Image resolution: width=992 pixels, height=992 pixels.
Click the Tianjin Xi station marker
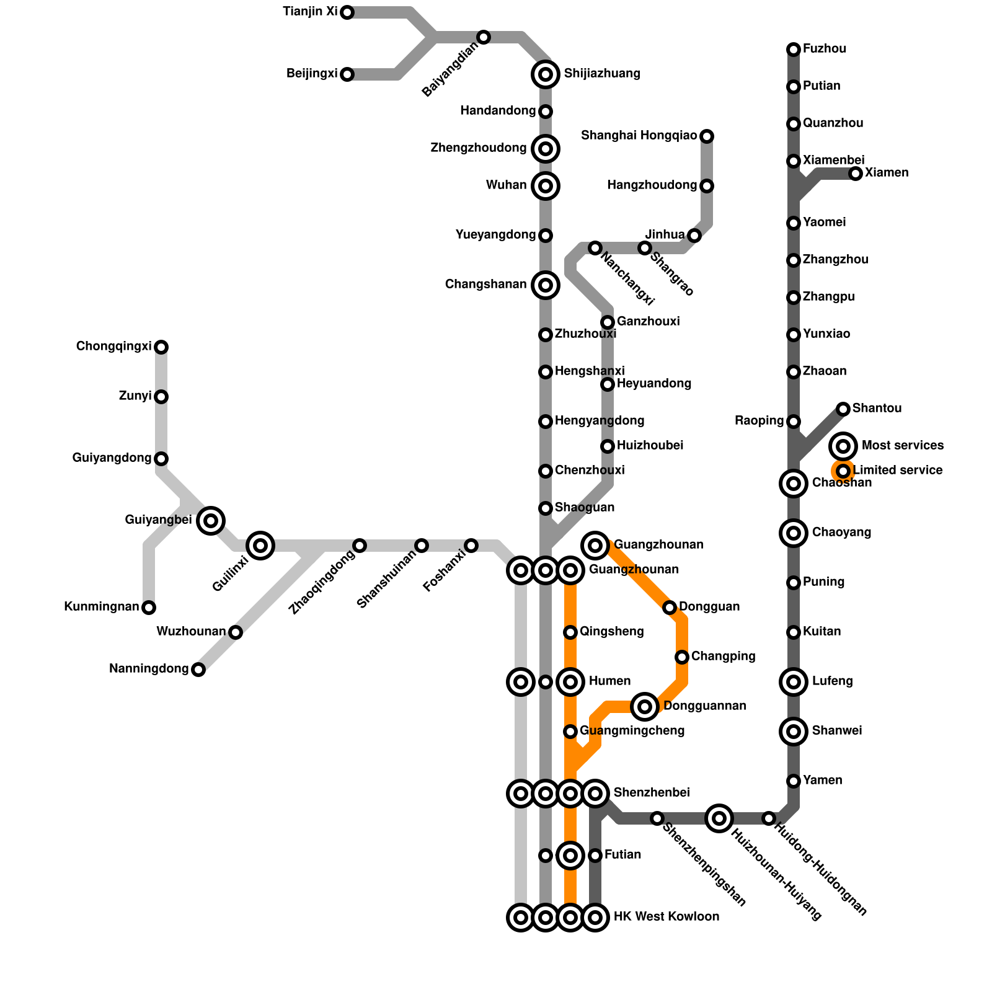coord(347,12)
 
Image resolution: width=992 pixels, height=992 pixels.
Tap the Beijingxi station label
coord(312,74)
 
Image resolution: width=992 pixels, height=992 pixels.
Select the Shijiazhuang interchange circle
coord(546,74)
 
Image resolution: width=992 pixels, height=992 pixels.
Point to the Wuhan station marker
coord(546,185)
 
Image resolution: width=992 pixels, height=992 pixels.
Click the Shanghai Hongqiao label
coord(639,136)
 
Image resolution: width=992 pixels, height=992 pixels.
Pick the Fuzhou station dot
coord(794,50)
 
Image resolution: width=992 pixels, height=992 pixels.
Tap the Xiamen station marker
coord(856,174)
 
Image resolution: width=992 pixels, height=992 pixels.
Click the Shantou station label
coord(877,409)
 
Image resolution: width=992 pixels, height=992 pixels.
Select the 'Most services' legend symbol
coord(843,446)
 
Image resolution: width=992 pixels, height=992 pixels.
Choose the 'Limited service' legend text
coord(898,471)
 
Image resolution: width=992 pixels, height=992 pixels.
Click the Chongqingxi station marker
coord(161,347)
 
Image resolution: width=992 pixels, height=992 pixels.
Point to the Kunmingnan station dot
coord(149,608)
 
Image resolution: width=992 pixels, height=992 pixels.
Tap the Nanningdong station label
coord(149,669)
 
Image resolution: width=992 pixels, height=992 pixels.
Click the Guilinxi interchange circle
coord(260,546)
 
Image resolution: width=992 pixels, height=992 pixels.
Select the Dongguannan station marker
coord(645,706)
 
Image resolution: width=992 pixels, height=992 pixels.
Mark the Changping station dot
coord(682,657)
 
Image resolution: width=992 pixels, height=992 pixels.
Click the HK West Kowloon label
coord(666,917)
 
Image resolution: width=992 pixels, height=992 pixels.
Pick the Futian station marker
coord(595,856)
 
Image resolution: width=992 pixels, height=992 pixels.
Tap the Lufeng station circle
coord(794,682)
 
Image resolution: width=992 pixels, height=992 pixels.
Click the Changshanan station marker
coord(546,285)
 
